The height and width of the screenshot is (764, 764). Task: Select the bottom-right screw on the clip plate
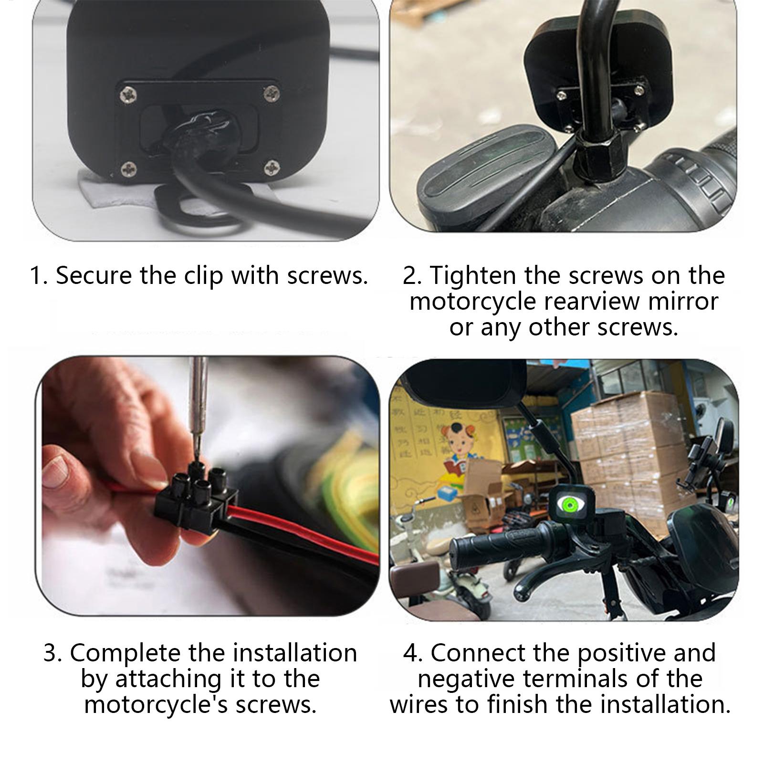pyautogui.click(x=272, y=167)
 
